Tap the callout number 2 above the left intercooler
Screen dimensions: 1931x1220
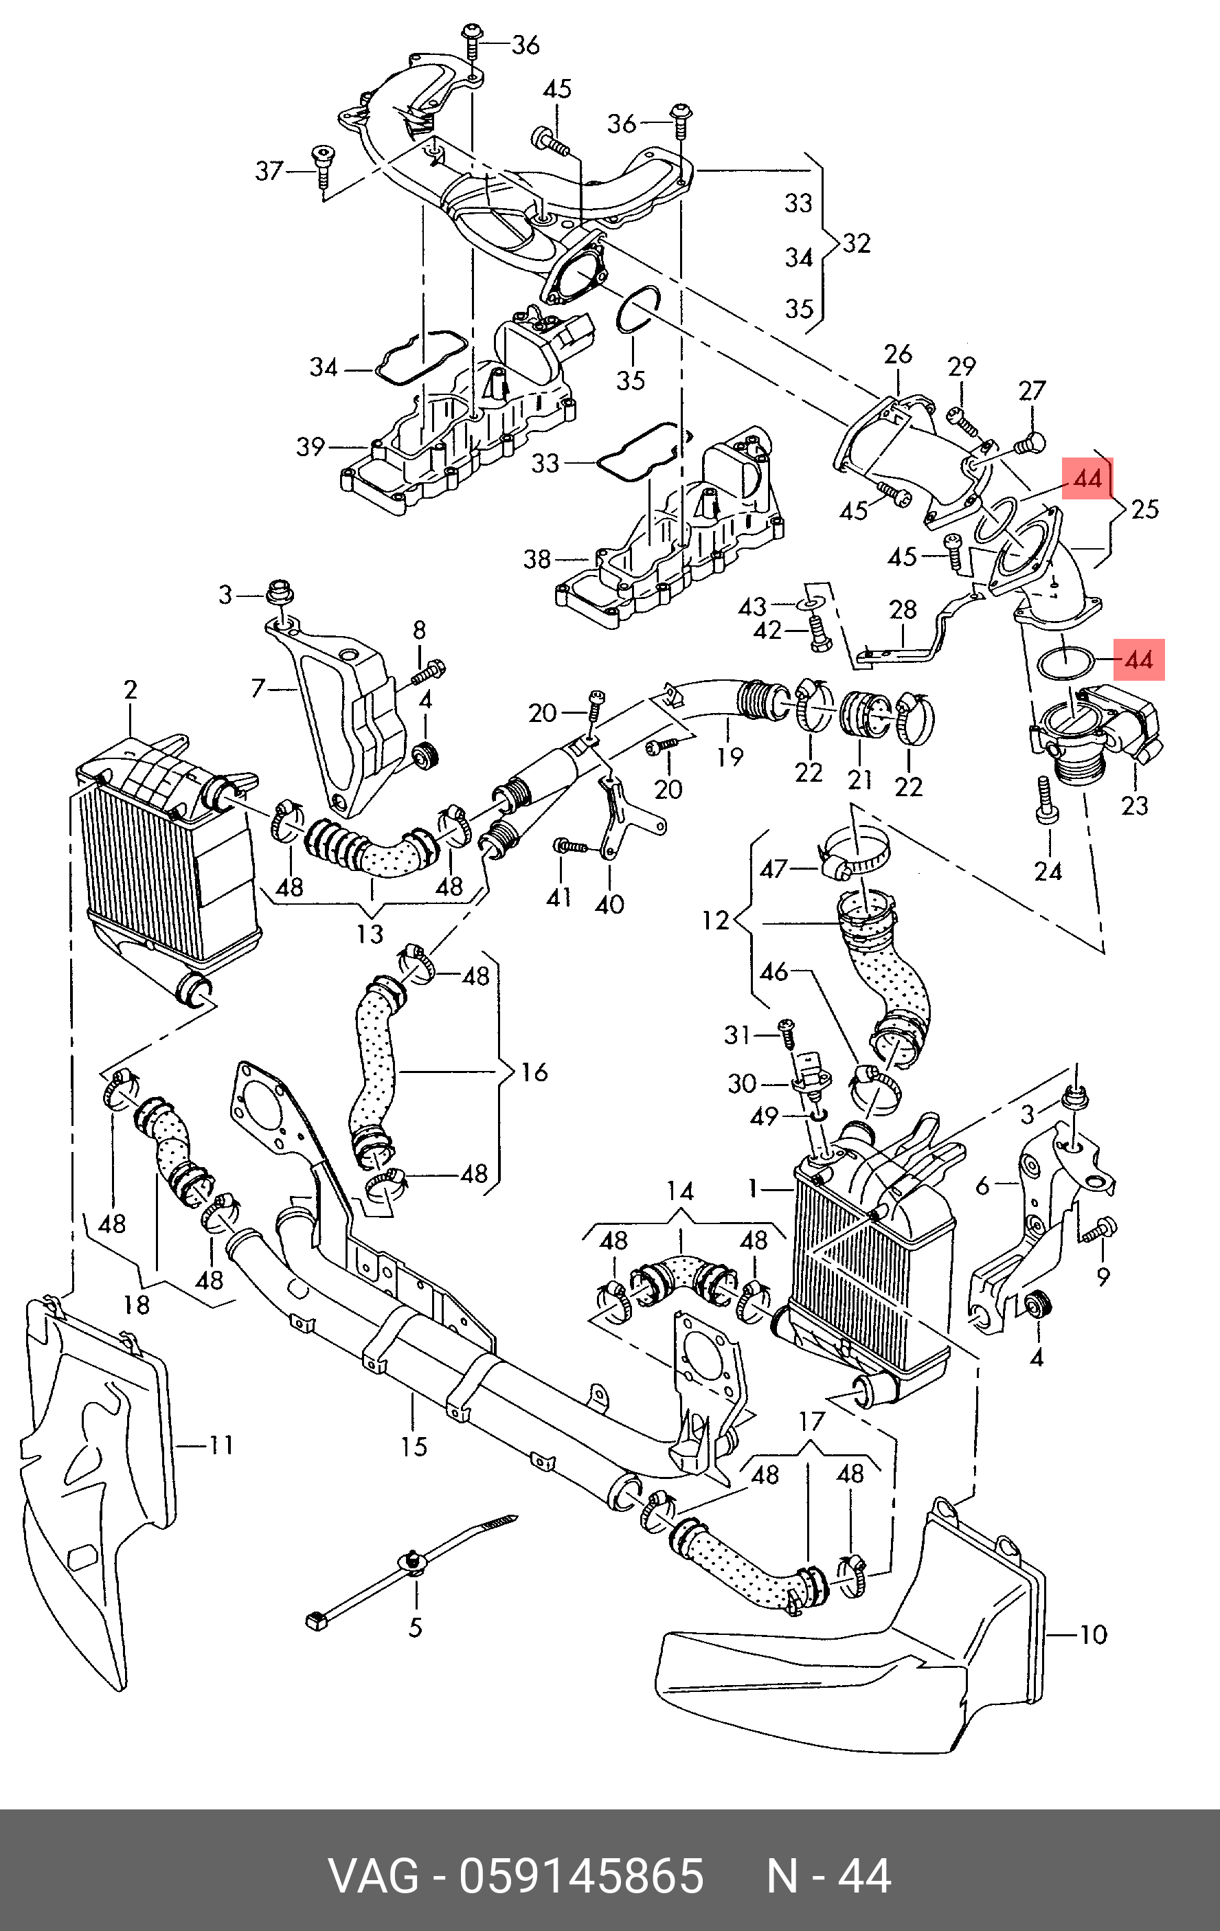click(x=131, y=690)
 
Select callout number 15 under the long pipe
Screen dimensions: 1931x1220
click(x=414, y=1446)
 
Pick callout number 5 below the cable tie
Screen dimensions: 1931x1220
click(x=416, y=1627)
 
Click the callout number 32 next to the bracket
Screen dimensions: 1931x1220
click(x=857, y=243)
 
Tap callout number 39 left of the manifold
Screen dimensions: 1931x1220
click(x=310, y=447)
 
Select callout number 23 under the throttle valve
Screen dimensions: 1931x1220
click(x=1134, y=805)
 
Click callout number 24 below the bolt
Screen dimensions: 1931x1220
click(x=1048, y=870)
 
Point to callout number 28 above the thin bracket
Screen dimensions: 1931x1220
click(x=903, y=609)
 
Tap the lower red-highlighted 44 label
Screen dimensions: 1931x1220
click(x=1138, y=660)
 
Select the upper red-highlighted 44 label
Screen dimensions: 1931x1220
click(x=1087, y=479)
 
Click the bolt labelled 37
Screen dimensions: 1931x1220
click(x=324, y=163)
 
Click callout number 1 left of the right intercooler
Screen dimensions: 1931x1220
click(x=752, y=1188)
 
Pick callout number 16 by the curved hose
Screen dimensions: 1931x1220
click(x=534, y=1072)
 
